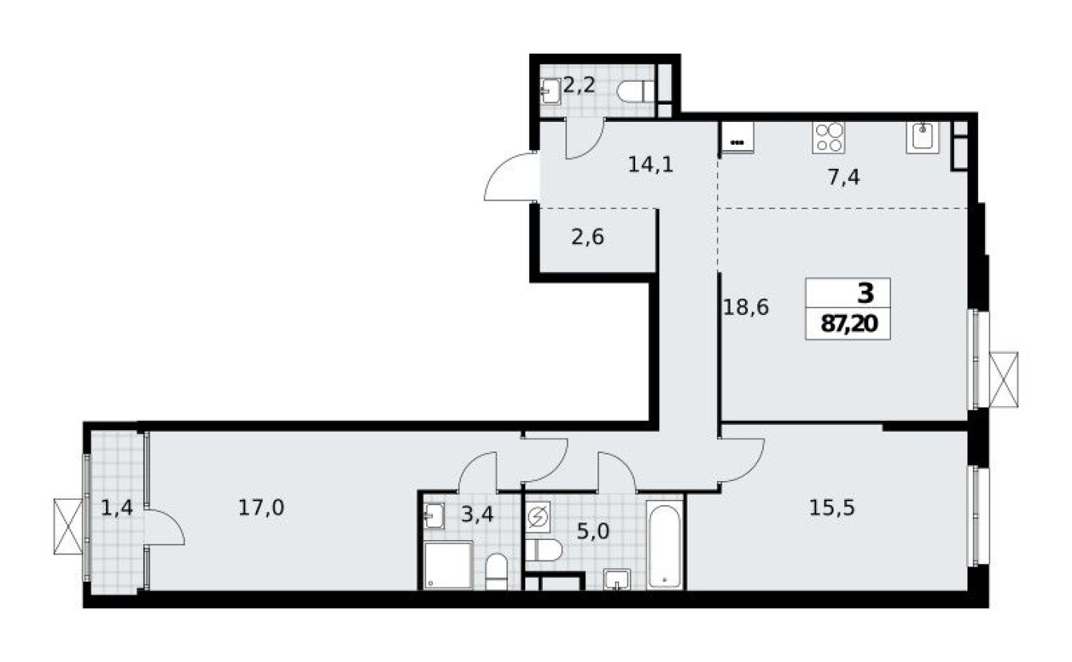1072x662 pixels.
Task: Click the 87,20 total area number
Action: coord(849,324)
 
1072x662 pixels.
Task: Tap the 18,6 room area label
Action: coord(746,307)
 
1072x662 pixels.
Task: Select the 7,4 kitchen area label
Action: coord(844,178)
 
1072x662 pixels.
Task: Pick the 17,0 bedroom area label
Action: coord(261,507)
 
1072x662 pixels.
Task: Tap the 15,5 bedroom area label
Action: coord(832,507)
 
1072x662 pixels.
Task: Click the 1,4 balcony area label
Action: coord(117,507)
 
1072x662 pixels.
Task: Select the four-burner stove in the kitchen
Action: coord(827,137)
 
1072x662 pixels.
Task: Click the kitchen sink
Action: coord(922,137)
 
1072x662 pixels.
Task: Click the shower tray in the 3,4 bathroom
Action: coord(446,565)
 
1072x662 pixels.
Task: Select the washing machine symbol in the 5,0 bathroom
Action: coord(538,518)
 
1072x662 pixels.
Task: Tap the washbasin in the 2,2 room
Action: coord(550,92)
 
